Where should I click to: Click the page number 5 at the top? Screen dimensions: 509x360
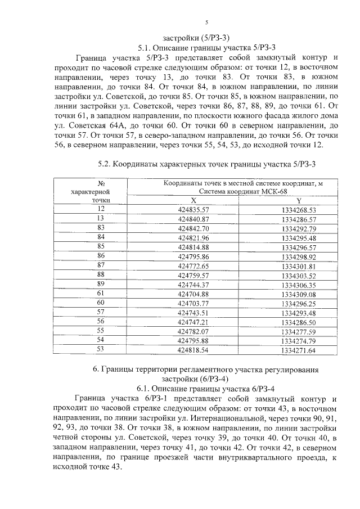pos(206,22)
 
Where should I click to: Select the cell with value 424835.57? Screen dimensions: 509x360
pos(193,209)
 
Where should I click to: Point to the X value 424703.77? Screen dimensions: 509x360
pos(193,303)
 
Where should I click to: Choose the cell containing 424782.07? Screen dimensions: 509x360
pos(193,331)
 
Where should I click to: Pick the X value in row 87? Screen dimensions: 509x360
pos(193,265)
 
